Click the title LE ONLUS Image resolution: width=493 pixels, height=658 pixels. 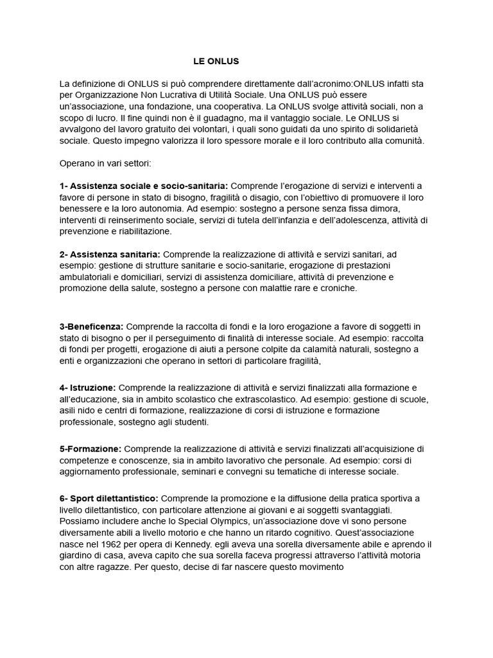pos(216,62)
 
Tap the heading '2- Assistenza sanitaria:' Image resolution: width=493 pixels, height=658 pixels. pos(110,254)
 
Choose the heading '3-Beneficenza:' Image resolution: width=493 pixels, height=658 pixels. pos(91,326)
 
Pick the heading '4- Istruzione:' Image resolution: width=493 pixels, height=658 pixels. pos(88,387)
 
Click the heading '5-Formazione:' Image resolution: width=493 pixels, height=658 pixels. pos(90,449)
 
